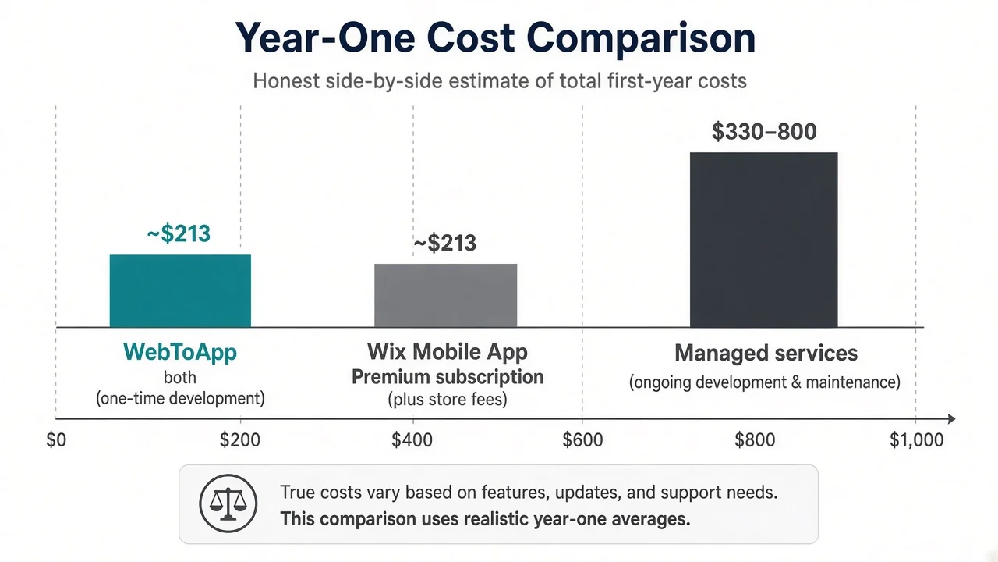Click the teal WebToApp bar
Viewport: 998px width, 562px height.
(x=180, y=291)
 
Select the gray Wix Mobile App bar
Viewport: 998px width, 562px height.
(x=445, y=296)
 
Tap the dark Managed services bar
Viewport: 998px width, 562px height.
(x=763, y=240)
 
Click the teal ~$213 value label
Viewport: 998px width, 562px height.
(x=179, y=233)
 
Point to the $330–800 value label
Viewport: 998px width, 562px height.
(x=764, y=132)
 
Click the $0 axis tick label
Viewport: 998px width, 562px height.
(x=56, y=439)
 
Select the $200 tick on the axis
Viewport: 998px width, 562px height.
(x=239, y=439)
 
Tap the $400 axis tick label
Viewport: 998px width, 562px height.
(x=412, y=439)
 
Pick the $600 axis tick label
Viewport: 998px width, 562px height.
(x=582, y=439)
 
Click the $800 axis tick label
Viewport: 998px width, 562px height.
(x=755, y=439)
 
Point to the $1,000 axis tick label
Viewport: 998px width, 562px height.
(x=916, y=439)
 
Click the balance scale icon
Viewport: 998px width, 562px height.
(x=228, y=503)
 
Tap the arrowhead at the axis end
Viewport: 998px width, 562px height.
(x=950, y=419)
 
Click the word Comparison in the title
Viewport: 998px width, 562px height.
(x=641, y=39)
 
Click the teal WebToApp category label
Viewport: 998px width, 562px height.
(x=180, y=352)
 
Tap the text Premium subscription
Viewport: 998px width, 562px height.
(x=448, y=377)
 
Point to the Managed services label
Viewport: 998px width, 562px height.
(x=766, y=354)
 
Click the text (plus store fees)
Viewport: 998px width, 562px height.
(x=448, y=399)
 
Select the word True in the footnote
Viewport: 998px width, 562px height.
(x=297, y=493)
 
